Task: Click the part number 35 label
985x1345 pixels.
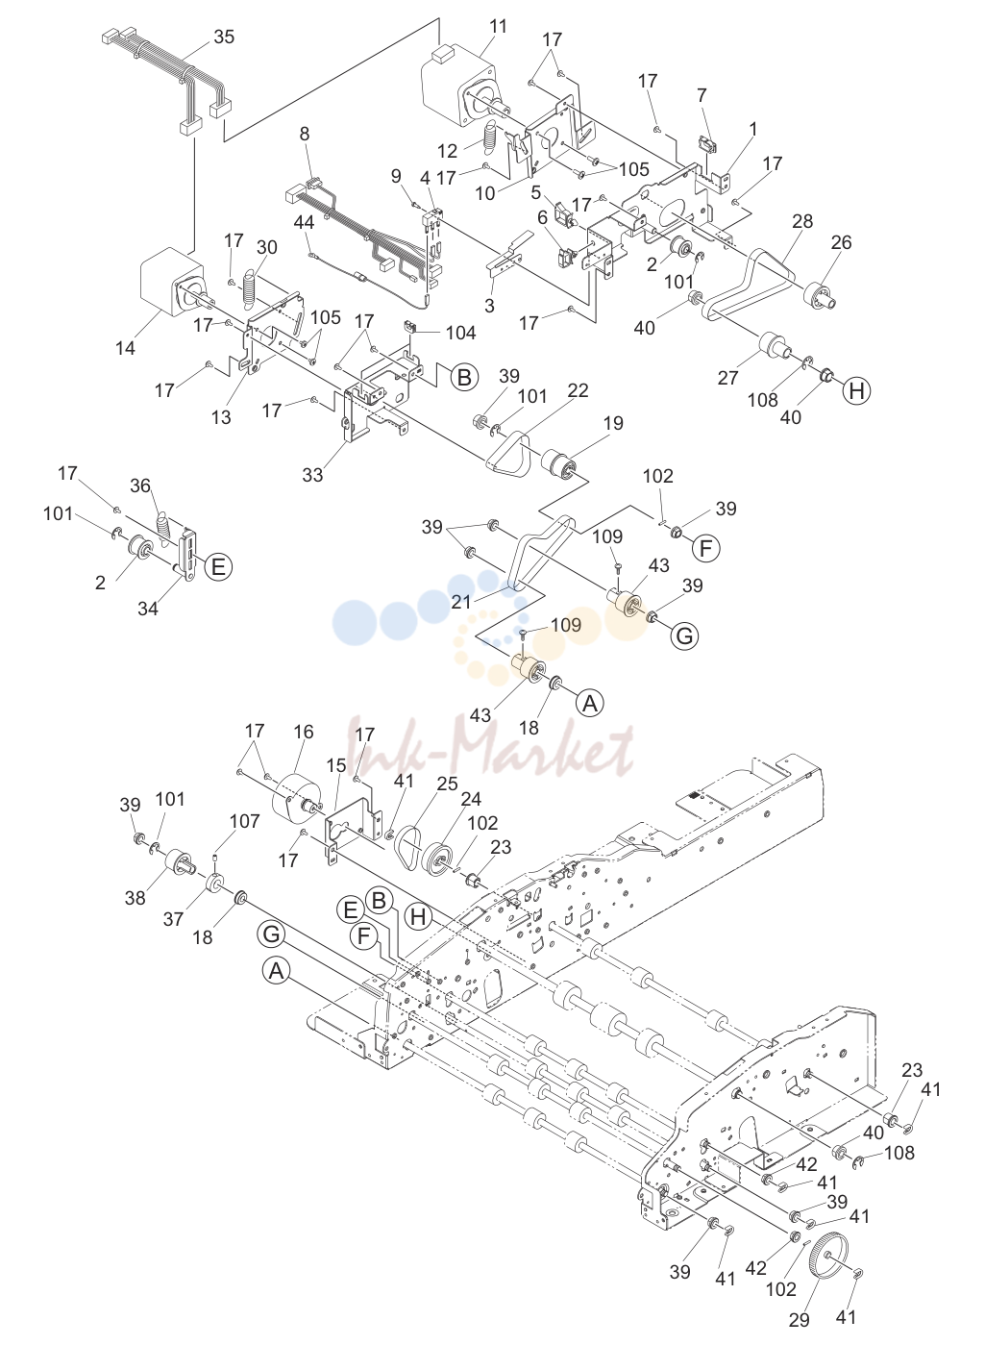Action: point(224,37)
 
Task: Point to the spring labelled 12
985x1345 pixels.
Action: point(492,141)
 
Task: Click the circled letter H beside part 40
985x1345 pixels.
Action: point(856,390)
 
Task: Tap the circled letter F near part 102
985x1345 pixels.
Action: point(706,548)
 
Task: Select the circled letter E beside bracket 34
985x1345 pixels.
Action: point(218,565)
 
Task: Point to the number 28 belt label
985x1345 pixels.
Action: point(801,221)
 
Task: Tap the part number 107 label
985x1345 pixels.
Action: point(244,821)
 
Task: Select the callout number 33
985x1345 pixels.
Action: point(312,475)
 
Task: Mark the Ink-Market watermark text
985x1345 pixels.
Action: point(492,749)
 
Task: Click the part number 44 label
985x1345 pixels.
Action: point(305,221)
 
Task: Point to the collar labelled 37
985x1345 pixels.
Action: point(215,885)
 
